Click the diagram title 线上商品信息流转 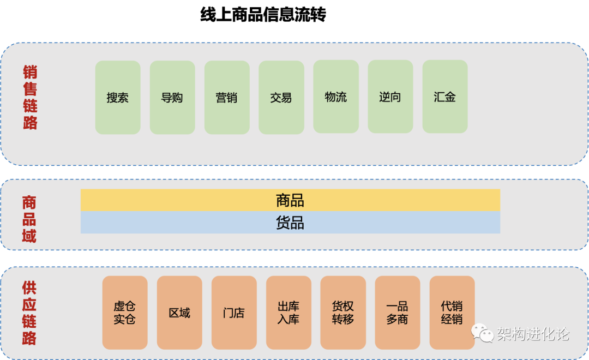point(263,15)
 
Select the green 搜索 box point(118,97)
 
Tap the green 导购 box point(172,97)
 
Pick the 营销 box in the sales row point(227,97)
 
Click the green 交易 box point(281,97)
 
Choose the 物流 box point(336,97)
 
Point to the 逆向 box point(390,97)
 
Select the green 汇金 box point(445,97)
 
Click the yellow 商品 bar point(290,200)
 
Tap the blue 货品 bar point(290,223)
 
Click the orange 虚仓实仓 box point(125,313)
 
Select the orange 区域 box point(179,313)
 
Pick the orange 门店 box point(234,313)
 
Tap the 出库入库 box point(289,313)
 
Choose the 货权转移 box point(343,313)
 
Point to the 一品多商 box point(398,313)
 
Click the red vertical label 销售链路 point(30,97)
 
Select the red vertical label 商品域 point(29,219)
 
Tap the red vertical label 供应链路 point(29,313)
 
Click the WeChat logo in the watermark point(482,333)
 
